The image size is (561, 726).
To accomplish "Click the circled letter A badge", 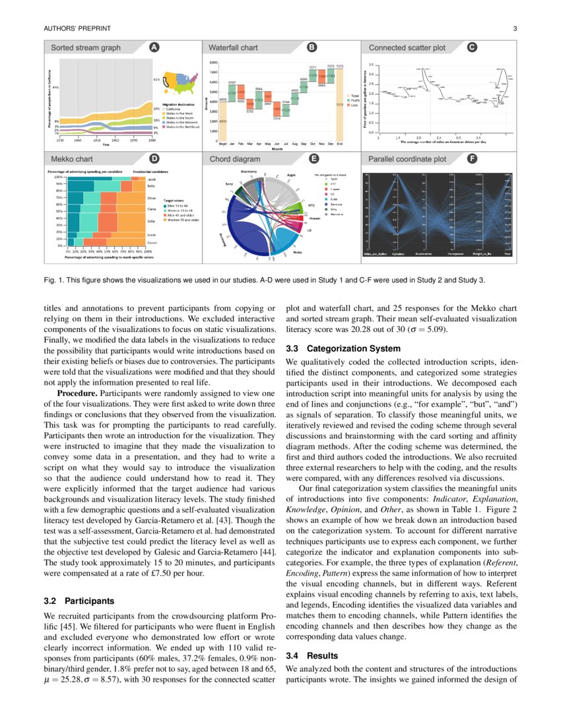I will (x=153, y=48).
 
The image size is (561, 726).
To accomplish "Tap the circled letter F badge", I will (x=472, y=159).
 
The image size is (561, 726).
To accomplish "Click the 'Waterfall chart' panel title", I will (x=233, y=48).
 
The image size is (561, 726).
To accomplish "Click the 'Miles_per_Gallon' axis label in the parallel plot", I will (x=375, y=253).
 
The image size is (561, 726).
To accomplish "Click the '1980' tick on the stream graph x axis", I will (x=152, y=140).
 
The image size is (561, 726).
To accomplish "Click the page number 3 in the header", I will (x=514, y=28).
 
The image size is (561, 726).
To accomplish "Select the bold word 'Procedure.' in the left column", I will (x=78, y=393).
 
